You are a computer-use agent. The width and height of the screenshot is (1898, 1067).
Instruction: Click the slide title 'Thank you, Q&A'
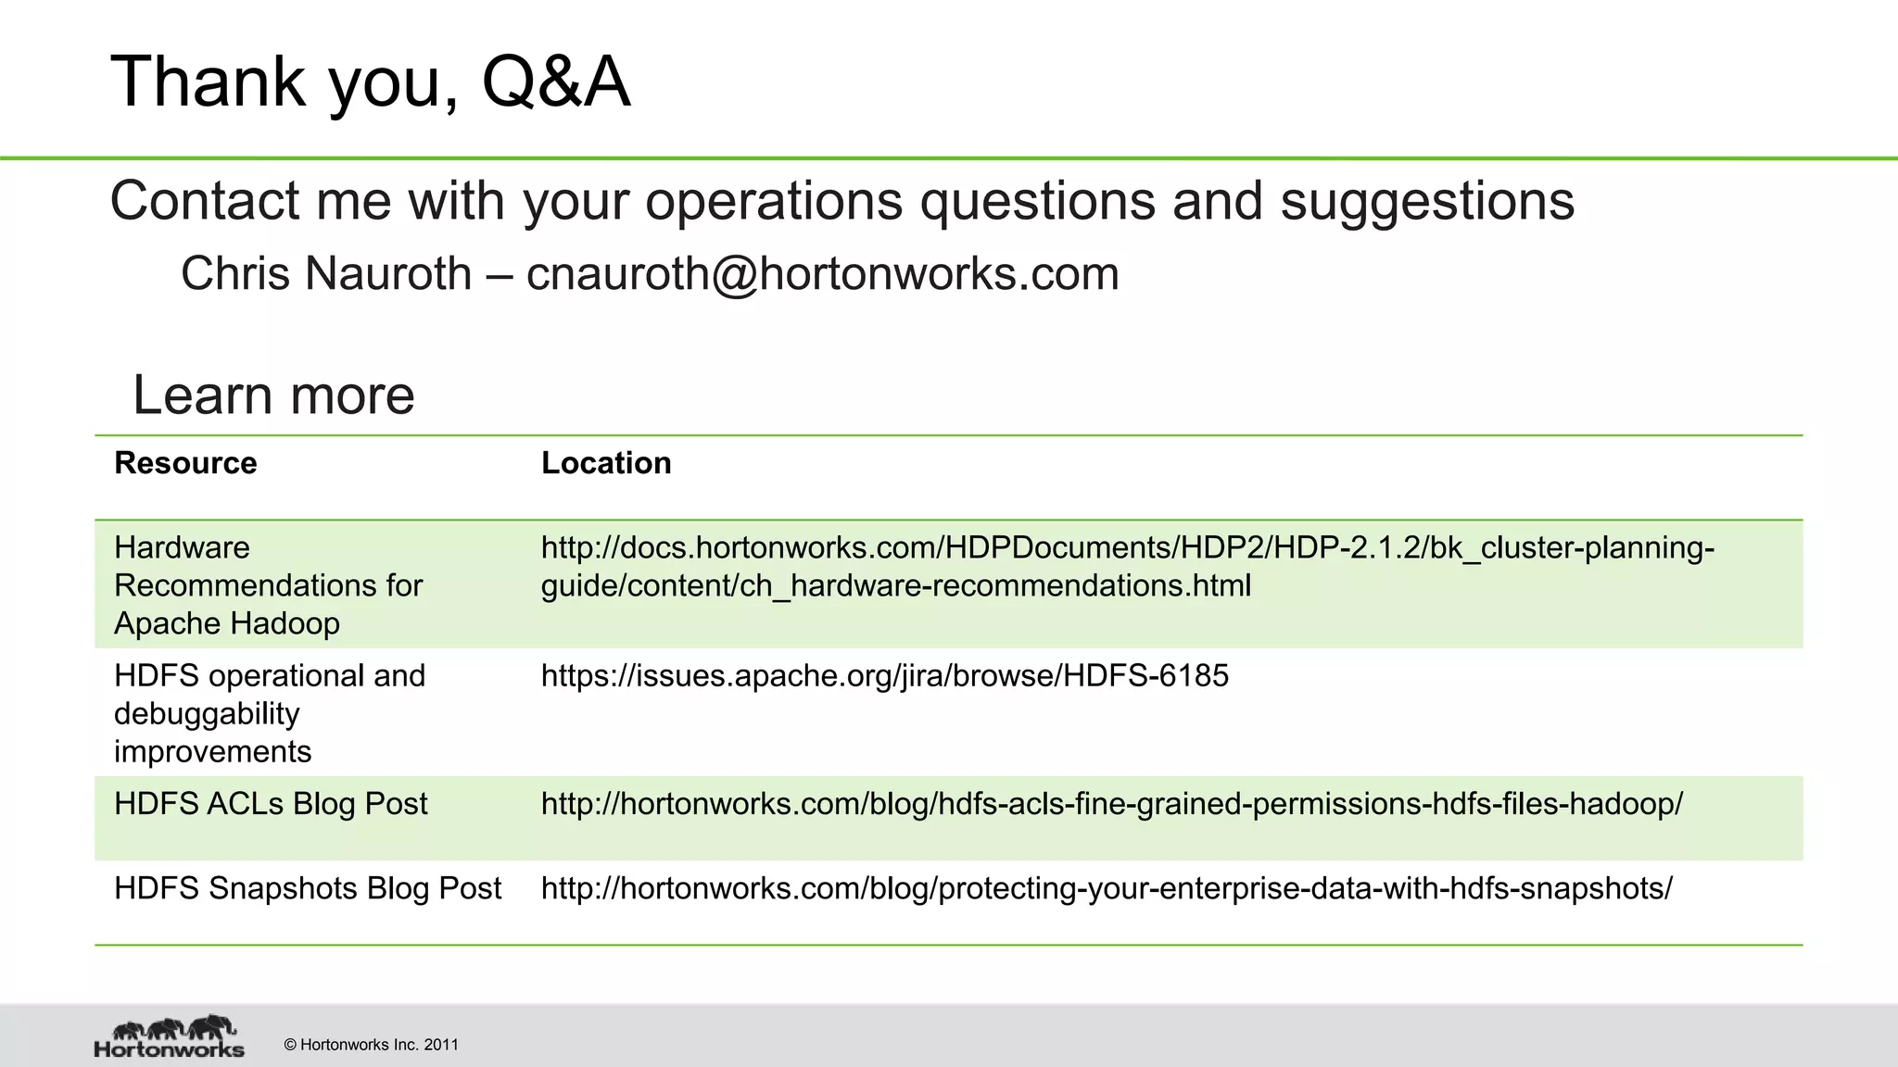(x=370, y=82)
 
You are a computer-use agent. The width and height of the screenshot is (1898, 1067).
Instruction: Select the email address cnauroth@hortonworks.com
(x=822, y=274)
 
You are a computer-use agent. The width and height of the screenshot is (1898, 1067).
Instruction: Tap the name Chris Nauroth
(x=326, y=274)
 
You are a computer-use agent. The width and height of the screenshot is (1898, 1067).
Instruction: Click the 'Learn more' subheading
(x=273, y=395)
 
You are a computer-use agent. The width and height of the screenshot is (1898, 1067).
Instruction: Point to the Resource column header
(x=185, y=463)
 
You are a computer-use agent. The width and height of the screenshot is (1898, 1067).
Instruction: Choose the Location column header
(x=606, y=463)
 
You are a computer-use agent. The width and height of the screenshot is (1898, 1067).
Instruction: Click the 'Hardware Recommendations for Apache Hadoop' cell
(x=268, y=585)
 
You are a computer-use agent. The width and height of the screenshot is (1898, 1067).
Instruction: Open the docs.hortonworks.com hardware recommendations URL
(x=1127, y=567)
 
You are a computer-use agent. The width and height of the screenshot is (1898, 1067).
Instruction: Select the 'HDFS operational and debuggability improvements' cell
(x=269, y=713)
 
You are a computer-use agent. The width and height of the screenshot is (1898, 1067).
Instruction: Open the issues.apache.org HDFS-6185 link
(x=884, y=676)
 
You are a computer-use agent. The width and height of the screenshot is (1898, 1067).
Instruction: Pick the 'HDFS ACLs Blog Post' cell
(x=271, y=804)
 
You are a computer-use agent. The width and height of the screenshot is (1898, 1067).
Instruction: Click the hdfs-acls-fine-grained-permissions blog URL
(x=1111, y=804)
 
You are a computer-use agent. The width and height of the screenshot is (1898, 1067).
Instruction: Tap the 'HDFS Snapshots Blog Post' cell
(x=308, y=888)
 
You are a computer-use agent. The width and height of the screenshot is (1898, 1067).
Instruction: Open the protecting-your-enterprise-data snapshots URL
(x=1107, y=888)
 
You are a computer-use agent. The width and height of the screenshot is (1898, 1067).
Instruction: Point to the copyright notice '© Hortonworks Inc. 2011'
(x=371, y=1045)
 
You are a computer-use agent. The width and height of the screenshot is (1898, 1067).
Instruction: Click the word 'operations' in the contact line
(x=774, y=201)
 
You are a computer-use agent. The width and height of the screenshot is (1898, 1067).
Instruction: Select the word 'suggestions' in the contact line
(x=1427, y=201)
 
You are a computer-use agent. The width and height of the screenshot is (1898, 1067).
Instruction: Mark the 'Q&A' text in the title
(x=556, y=82)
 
